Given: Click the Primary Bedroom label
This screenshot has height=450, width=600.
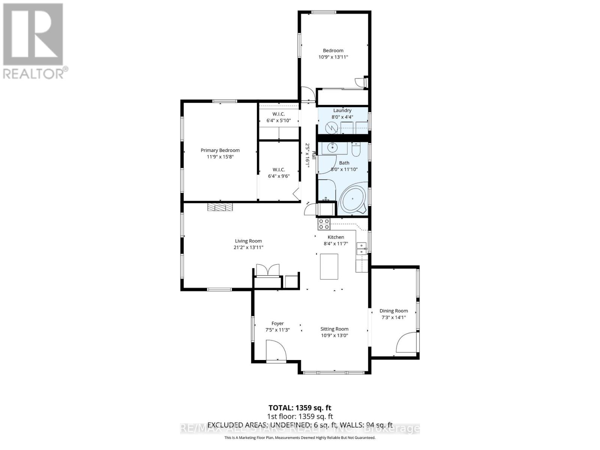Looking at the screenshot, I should (x=220, y=150).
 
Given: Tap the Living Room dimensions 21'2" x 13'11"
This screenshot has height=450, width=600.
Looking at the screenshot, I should (x=248, y=247).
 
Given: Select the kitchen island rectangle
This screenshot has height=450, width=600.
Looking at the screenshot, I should (x=329, y=266).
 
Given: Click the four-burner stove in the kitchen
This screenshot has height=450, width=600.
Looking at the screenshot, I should (x=324, y=224).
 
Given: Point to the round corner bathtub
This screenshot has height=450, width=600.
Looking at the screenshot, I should (x=352, y=201).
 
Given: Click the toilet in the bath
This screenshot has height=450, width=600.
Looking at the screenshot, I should (x=356, y=149).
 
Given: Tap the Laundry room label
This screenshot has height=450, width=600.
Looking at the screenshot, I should (x=342, y=111).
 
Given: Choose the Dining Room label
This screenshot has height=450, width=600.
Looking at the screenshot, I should (x=393, y=311).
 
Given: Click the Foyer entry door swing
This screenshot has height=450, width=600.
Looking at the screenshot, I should (x=276, y=350).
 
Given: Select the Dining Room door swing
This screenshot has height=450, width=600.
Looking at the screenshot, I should (x=406, y=343).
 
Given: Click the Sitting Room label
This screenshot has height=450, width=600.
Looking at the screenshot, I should (x=334, y=329).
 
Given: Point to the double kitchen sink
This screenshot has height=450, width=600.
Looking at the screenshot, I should (x=361, y=249).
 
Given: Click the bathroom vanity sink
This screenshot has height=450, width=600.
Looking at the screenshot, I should (x=332, y=148).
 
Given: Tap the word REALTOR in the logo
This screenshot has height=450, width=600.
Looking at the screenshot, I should (x=33, y=73).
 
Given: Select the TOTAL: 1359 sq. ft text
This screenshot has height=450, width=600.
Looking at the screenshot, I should (x=300, y=408).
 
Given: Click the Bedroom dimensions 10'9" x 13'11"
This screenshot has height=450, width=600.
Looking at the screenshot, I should (x=333, y=57).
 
